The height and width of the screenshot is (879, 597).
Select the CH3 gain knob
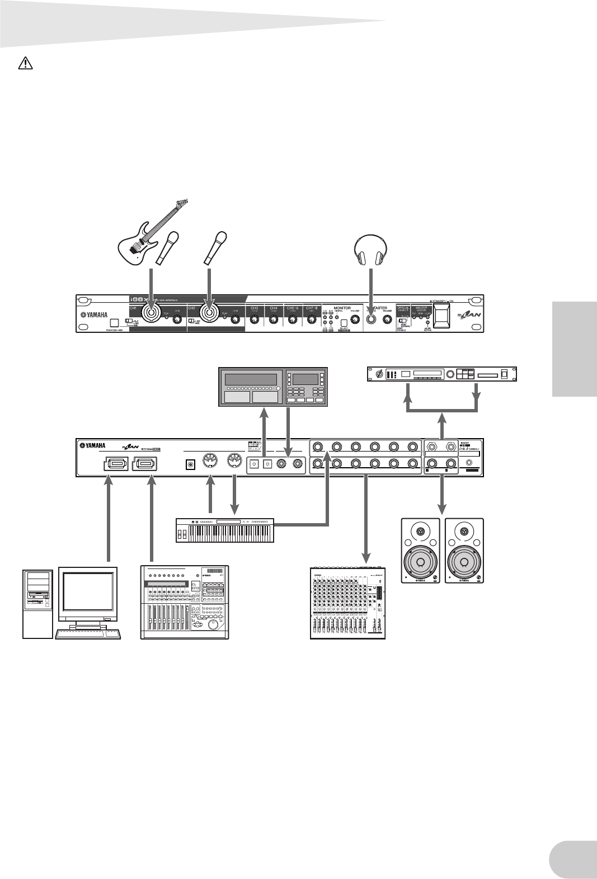point(255,320)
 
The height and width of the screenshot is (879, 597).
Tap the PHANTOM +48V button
point(114,323)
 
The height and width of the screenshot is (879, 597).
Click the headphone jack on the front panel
point(371,320)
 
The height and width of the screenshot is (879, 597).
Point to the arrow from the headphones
point(371,291)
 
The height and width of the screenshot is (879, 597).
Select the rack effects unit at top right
point(441,374)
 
